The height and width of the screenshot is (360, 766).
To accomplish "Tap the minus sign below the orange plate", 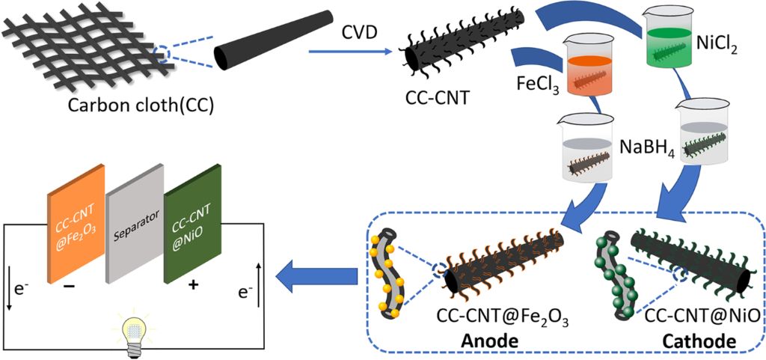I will tap(73, 288).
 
